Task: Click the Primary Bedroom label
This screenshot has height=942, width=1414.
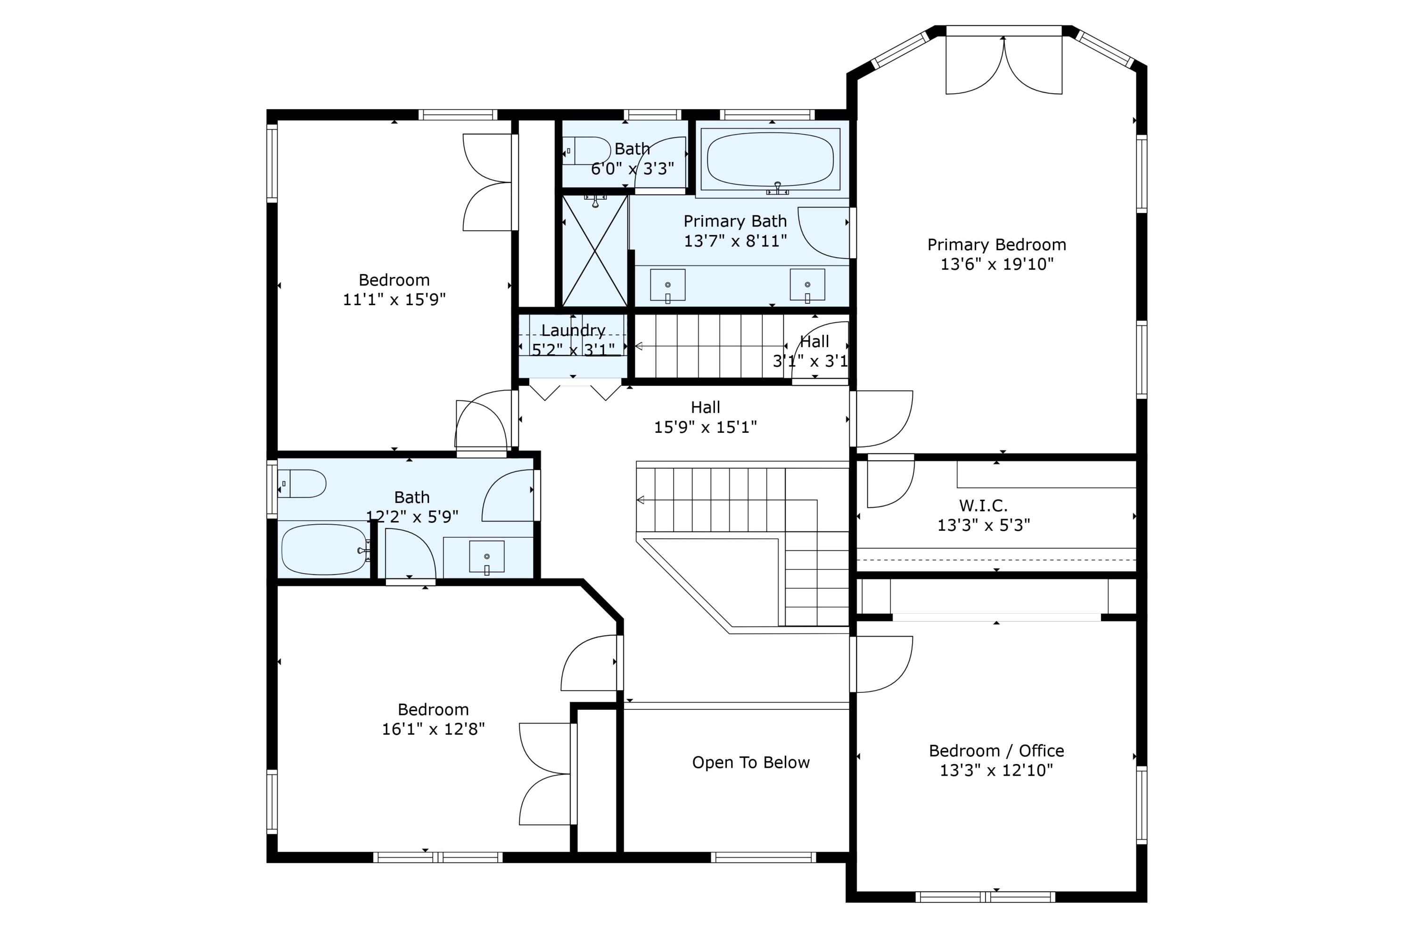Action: [996, 244]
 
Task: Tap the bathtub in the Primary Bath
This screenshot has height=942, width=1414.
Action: [771, 160]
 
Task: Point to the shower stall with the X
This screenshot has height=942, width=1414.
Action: [594, 251]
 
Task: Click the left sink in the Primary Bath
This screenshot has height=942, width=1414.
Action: [667, 285]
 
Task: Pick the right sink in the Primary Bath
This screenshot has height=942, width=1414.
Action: [807, 285]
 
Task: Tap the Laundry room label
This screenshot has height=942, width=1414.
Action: [573, 331]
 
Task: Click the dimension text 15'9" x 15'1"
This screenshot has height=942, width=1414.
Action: [705, 427]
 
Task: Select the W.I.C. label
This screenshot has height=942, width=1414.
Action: [984, 505]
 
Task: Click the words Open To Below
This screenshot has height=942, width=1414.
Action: [751, 763]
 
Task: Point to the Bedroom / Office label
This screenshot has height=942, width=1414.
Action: [996, 751]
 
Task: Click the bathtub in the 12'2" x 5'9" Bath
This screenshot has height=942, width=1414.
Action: [325, 550]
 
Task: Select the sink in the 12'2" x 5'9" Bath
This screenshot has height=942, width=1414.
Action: [486, 557]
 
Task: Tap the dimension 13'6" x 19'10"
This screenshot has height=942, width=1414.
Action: [997, 264]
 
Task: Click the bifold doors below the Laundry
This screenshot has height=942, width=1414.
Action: [575, 390]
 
